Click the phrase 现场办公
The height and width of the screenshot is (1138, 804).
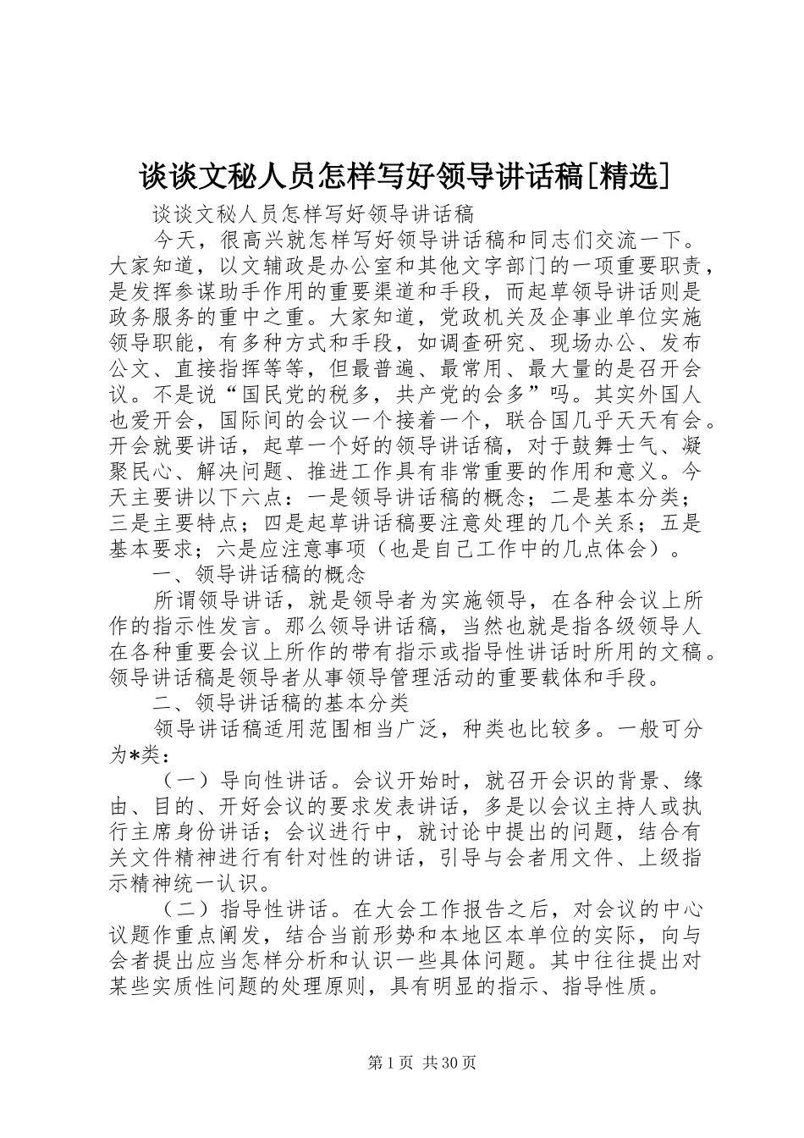pyautogui.click(x=604, y=343)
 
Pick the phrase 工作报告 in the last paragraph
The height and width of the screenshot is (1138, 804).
pyautogui.click(x=473, y=909)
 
